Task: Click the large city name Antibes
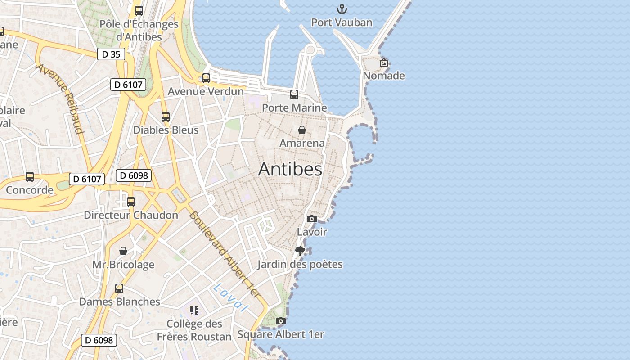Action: point(290,169)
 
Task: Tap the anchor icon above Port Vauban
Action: point(342,9)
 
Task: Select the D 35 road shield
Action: point(111,54)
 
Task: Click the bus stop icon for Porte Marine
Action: point(294,94)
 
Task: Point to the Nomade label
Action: point(384,76)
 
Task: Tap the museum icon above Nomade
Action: point(383,63)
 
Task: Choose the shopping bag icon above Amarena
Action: point(302,130)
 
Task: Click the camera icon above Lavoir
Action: point(311,219)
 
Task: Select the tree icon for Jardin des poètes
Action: point(300,251)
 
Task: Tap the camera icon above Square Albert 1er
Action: point(281,321)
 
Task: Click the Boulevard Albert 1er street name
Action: point(224,254)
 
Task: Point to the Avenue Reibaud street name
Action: point(60,99)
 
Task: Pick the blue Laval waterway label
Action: point(231,297)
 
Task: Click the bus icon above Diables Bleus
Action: point(166,117)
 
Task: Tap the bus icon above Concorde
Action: point(30,177)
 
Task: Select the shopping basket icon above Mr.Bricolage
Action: point(123,251)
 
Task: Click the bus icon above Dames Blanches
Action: point(119,288)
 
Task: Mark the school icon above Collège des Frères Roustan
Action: point(194,310)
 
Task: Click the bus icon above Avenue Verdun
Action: point(206,78)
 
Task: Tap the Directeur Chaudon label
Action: point(131,215)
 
